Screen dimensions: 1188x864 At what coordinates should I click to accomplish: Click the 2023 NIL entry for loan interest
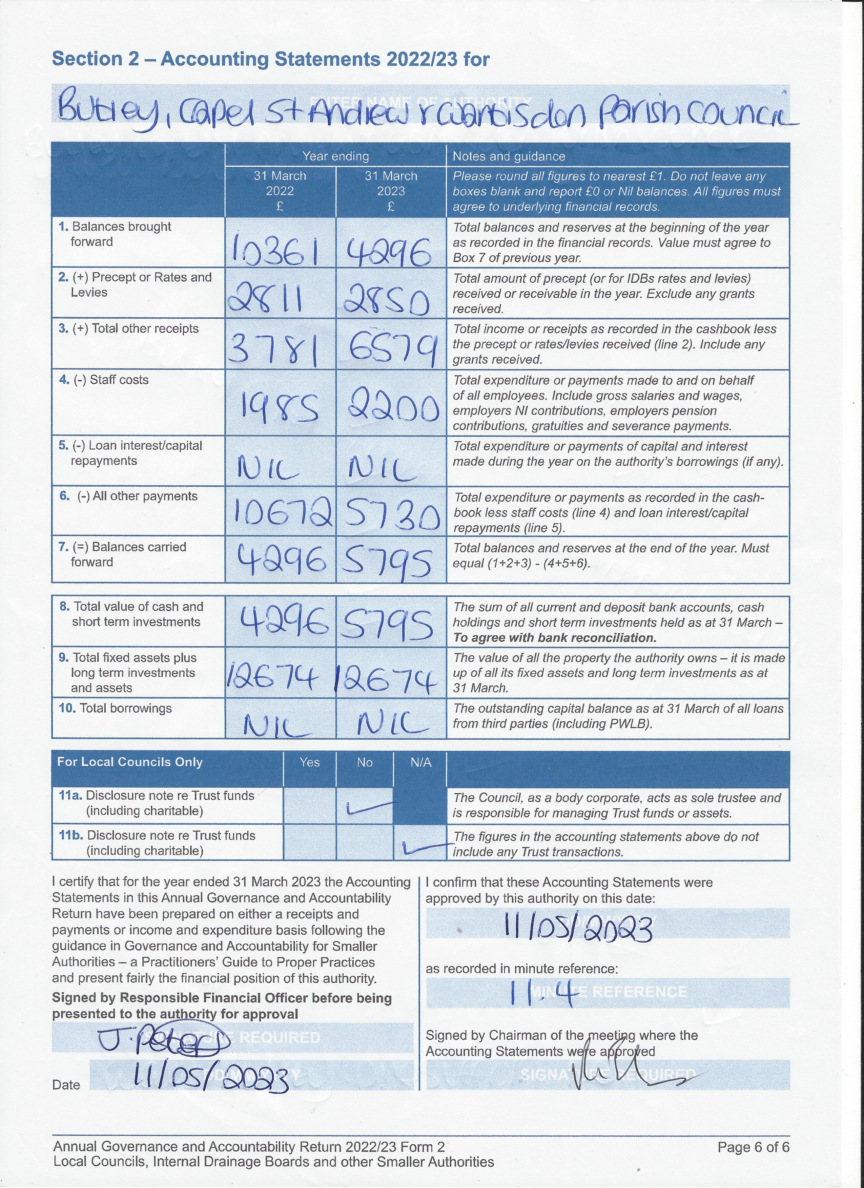(383, 468)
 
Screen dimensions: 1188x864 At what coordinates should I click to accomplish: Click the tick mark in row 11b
(425, 846)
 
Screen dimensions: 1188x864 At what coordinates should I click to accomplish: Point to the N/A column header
(421, 762)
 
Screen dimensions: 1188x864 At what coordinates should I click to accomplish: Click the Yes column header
(310, 762)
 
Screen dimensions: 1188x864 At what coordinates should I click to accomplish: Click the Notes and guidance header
(509, 156)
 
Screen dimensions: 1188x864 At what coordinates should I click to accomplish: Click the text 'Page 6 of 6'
(753, 1147)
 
